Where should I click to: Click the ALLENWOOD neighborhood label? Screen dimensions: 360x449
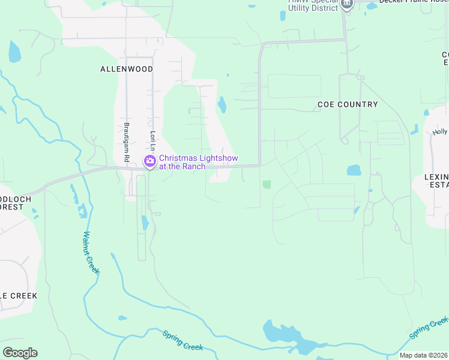click(x=126, y=69)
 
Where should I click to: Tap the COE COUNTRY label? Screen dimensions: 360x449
click(x=348, y=104)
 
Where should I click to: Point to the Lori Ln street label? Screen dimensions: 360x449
click(x=153, y=141)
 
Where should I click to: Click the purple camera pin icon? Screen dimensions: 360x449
click(x=149, y=161)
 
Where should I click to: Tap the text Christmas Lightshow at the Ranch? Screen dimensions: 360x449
click(x=198, y=162)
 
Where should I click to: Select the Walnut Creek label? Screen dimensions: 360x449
click(x=91, y=253)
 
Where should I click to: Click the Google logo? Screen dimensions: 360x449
click(x=20, y=353)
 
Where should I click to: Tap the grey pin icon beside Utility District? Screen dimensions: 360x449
click(x=346, y=4)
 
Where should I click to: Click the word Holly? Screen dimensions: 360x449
click(x=440, y=132)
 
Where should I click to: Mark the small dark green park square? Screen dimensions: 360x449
click(x=267, y=184)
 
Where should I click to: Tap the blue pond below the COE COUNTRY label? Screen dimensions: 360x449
click(x=354, y=170)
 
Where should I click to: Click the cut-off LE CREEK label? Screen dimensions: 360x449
click(x=18, y=296)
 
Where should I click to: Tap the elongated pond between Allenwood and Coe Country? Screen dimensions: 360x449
click(x=222, y=105)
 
